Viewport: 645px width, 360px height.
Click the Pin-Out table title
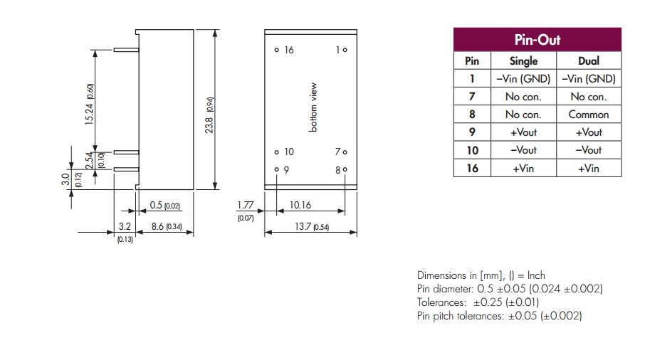click(537, 39)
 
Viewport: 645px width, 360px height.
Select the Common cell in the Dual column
click(589, 115)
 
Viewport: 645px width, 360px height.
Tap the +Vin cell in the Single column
click(523, 168)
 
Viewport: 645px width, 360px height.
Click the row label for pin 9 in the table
click(472, 132)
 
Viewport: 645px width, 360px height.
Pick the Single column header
click(524, 60)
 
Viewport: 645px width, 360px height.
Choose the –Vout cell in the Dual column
click(589, 150)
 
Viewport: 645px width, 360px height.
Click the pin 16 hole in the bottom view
click(276, 50)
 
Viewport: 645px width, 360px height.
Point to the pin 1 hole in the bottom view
click(345, 50)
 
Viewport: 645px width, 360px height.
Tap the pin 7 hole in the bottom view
click(345, 152)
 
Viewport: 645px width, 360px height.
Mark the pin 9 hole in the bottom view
click(276, 169)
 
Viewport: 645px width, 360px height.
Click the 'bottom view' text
click(313, 107)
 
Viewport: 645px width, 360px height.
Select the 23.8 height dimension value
click(209, 125)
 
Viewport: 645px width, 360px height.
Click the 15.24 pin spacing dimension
click(89, 115)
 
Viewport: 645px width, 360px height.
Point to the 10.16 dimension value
click(300, 205)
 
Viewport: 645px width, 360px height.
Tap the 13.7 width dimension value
click(303, 226)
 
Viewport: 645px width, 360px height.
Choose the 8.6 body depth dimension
click(157, 226)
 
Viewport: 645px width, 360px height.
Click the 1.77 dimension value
click(246, 205)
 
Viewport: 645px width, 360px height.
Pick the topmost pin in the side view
click(126, 50)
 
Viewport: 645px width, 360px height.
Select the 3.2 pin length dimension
click(125, 226)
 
